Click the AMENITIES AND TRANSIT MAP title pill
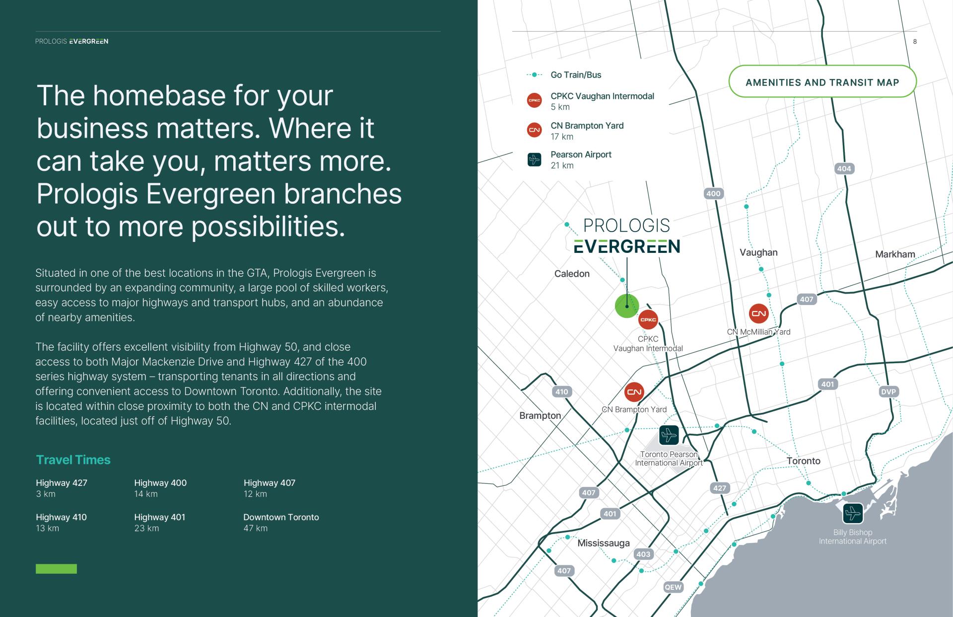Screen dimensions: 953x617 point(822,81)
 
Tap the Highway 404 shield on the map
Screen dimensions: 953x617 point(844,168)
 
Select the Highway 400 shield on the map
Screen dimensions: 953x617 point(713,194)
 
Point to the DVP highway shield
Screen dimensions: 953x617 point(888,391)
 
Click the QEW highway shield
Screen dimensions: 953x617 point(673,587)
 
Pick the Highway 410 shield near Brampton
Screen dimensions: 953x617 point(561,391)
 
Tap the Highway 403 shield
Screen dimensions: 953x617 point(643,554)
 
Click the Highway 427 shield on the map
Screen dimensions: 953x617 point(719,488)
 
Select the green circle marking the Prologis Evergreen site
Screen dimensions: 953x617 point(627,306)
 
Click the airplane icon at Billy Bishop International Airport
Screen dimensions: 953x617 point(853,513)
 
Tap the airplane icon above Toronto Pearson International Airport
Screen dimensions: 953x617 point(669,435)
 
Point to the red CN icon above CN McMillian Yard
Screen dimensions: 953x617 point(758,313)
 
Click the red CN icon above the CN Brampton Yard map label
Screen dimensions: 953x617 point(634,392)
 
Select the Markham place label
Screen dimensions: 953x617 point(895,254)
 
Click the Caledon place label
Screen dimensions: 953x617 point(572,274)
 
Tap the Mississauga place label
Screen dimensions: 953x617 point(603,543)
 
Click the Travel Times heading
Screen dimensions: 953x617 point(73,460)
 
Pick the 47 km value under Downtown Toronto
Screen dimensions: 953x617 point(255,529)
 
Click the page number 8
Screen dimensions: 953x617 point(915,42)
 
